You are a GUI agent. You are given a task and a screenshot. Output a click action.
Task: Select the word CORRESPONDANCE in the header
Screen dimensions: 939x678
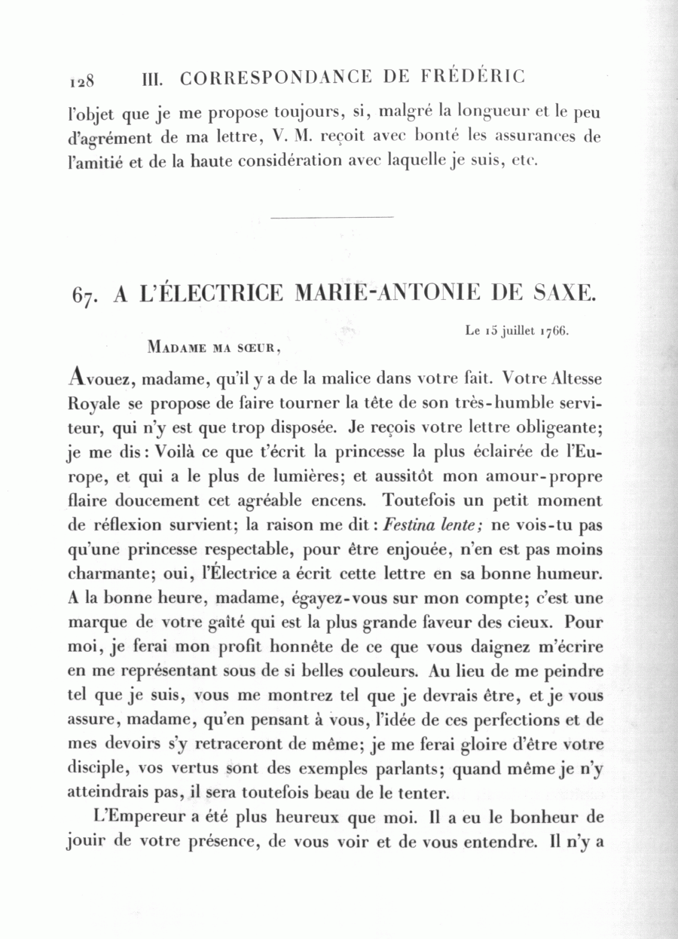(x=276, y=77)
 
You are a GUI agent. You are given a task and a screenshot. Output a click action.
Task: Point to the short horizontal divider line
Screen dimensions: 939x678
(x=331, y=218)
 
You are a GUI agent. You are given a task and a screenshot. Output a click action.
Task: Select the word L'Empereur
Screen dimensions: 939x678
(x=130, y=817)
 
